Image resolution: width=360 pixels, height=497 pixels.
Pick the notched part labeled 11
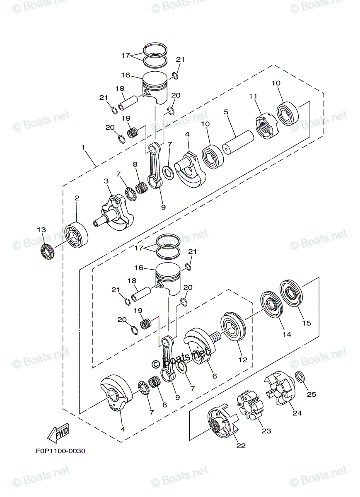point(264,126)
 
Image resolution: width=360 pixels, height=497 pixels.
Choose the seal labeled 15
point(292,294)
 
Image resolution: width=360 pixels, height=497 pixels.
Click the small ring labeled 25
point(300,377)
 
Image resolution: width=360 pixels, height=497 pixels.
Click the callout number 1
point(83,147)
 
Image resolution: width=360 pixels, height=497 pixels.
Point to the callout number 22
point(241,446)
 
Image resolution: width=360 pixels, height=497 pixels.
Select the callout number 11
point(253,96)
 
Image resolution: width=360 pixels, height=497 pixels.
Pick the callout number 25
point(311,395)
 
